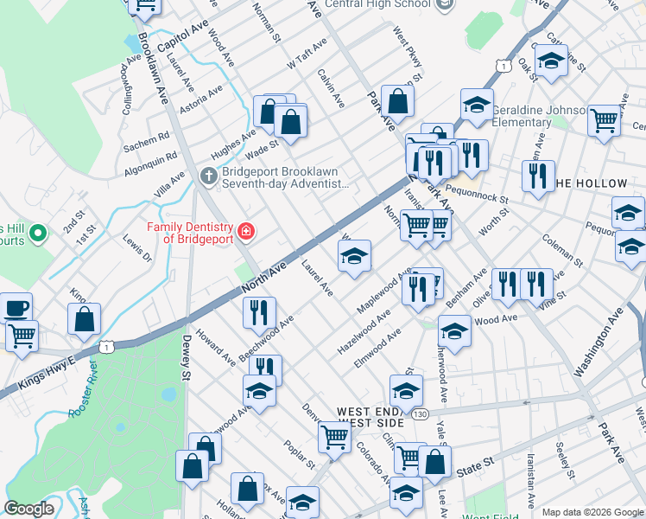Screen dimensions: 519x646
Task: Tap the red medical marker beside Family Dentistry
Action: (x=246, y=231)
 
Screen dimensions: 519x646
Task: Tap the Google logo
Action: (x=29, y=509)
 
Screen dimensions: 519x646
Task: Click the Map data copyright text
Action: (x=592, y=512)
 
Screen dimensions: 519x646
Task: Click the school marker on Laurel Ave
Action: (x=353, y=256)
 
